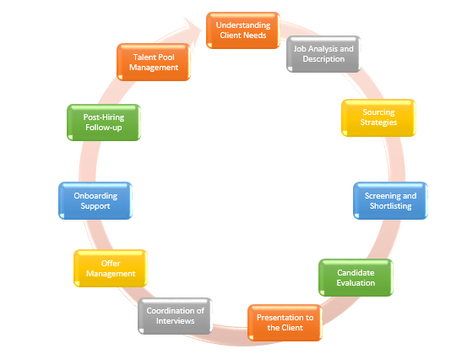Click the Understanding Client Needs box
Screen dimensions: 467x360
tap(243, 30)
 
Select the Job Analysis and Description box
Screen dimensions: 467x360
tap(323, 54)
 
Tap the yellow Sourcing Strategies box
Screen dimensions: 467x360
tap(378, 117)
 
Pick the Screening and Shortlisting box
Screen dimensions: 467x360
tap(390, 200)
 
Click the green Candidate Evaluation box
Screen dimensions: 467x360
tap(356, 277)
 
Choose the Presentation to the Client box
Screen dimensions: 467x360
tap(285, 323)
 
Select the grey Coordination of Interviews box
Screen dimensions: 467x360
tap(175, 316)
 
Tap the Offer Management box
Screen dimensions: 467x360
tap(111, 268)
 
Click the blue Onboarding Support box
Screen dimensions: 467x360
tap(95, 200)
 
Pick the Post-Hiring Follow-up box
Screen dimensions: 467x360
tap(104, 123)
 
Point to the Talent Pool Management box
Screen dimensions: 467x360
tap(154, 62)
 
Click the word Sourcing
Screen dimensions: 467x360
tap(378, 112)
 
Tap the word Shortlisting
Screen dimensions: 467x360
tap(390, 206)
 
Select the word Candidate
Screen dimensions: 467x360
tap(356, 272)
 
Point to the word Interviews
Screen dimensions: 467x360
tap(175, 321)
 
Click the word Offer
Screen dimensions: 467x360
tap(111, 263)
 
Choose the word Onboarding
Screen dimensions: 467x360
tap(95, 196)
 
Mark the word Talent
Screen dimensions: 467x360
tap(143, 57)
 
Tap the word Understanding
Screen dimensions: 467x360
tap(243, 25)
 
